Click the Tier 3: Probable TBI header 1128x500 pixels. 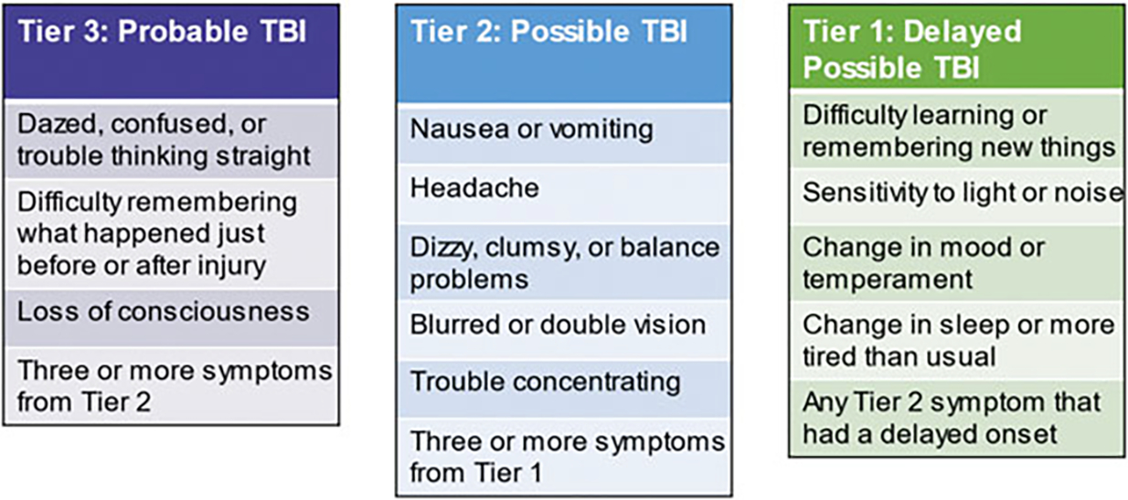point(171,51)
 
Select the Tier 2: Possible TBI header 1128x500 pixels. point(564,54)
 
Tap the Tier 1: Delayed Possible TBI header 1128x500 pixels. point(957,48)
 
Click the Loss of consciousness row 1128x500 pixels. point(171,317)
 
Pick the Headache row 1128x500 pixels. point(564,194)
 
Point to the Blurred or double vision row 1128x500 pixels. point(564,330)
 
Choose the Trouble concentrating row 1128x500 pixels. point(564,388)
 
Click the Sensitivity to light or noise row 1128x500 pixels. point(958,197)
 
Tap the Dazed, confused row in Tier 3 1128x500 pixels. point(171,141)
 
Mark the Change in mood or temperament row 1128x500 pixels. point(958,263)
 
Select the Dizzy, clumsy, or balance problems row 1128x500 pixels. point(564,262)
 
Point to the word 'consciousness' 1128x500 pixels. point(214,312)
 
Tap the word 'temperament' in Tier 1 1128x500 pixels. point(888,280)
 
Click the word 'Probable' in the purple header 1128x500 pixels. point(183,31)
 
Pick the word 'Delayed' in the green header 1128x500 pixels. point(963,31)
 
